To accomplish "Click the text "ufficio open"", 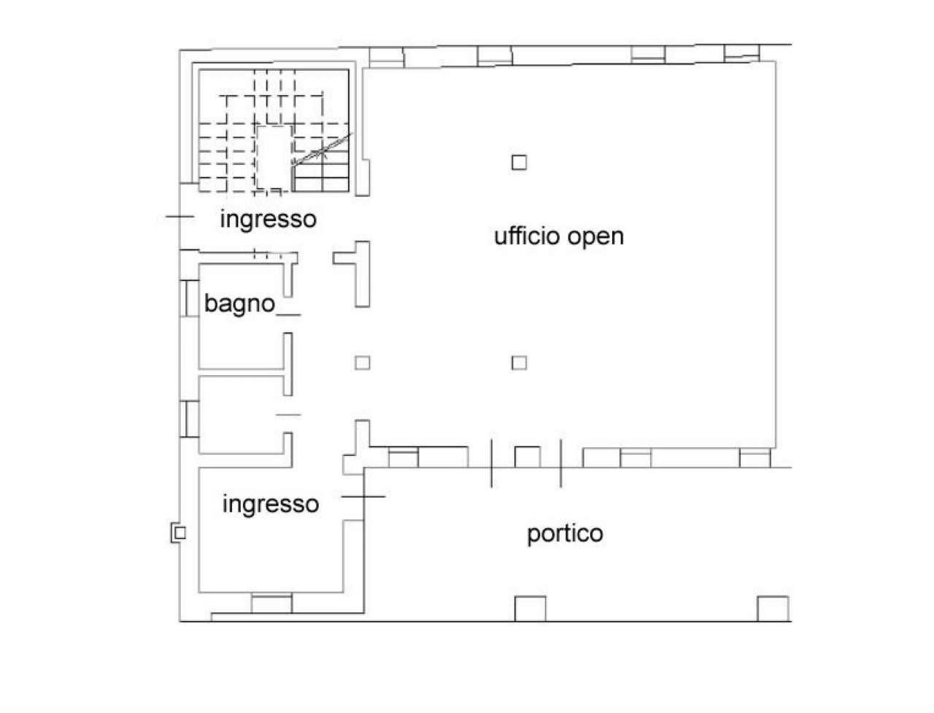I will coord(559,236).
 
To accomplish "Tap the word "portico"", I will coord(565,533).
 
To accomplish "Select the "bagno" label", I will coord(239,303).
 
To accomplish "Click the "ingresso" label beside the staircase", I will coord(269,218).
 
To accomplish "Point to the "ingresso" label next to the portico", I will coord(271,504).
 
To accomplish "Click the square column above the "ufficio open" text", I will coord(519,162).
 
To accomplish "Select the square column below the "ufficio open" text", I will coord(519,362).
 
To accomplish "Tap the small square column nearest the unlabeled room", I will coord(362,362).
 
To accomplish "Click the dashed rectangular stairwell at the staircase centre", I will coord(274,156).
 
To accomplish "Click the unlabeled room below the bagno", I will coord(241,414).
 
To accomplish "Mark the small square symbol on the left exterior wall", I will coord(179,533).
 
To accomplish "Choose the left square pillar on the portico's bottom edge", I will coord(530,608).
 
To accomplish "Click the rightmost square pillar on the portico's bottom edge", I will coord(772,608).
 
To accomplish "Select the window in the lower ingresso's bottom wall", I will coord(271,604).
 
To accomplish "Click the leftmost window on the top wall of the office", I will coord(385,56).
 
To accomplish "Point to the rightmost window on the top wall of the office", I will coord(741,53).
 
